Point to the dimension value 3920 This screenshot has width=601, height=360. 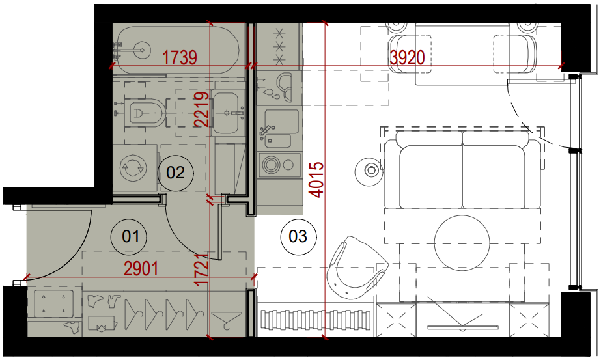point(407,58)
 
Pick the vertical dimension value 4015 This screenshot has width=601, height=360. point(317,180)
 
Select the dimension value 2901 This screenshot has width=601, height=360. point(141,269)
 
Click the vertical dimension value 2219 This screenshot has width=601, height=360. point(202,109)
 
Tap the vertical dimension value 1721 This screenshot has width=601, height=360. point(202,270)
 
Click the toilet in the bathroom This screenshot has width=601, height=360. point(146,113)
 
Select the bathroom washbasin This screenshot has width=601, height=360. point(229,113)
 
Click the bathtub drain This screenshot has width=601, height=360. point(142,49)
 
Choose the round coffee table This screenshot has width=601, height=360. point(462,243)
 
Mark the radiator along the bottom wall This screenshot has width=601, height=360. point(316,320)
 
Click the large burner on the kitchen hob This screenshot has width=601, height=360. point(272,165)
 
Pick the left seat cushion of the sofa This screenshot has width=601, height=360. point(431,176)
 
